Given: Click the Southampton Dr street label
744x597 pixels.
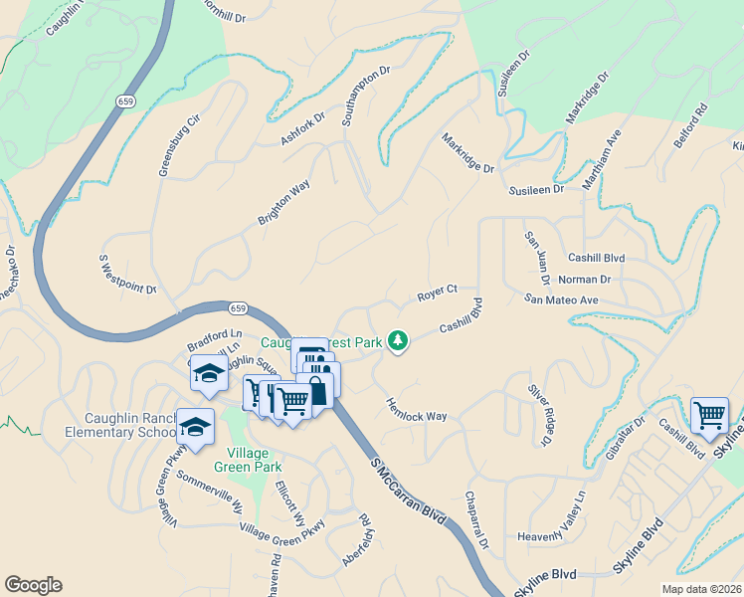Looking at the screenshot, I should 367,96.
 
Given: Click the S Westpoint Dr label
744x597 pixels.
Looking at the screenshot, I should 127,275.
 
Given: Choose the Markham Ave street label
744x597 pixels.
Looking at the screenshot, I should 601,158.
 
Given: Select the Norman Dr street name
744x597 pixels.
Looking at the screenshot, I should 584,280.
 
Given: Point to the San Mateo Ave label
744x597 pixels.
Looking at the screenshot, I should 562,299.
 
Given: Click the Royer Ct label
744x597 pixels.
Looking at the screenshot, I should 437,294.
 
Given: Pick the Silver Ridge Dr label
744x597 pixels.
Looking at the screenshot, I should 538,414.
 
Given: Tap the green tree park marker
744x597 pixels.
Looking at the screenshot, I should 398,341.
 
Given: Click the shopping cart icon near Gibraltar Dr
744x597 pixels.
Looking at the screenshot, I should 709,415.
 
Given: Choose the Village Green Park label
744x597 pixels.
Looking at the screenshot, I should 247,460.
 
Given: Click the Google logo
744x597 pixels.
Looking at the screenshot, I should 33,585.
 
